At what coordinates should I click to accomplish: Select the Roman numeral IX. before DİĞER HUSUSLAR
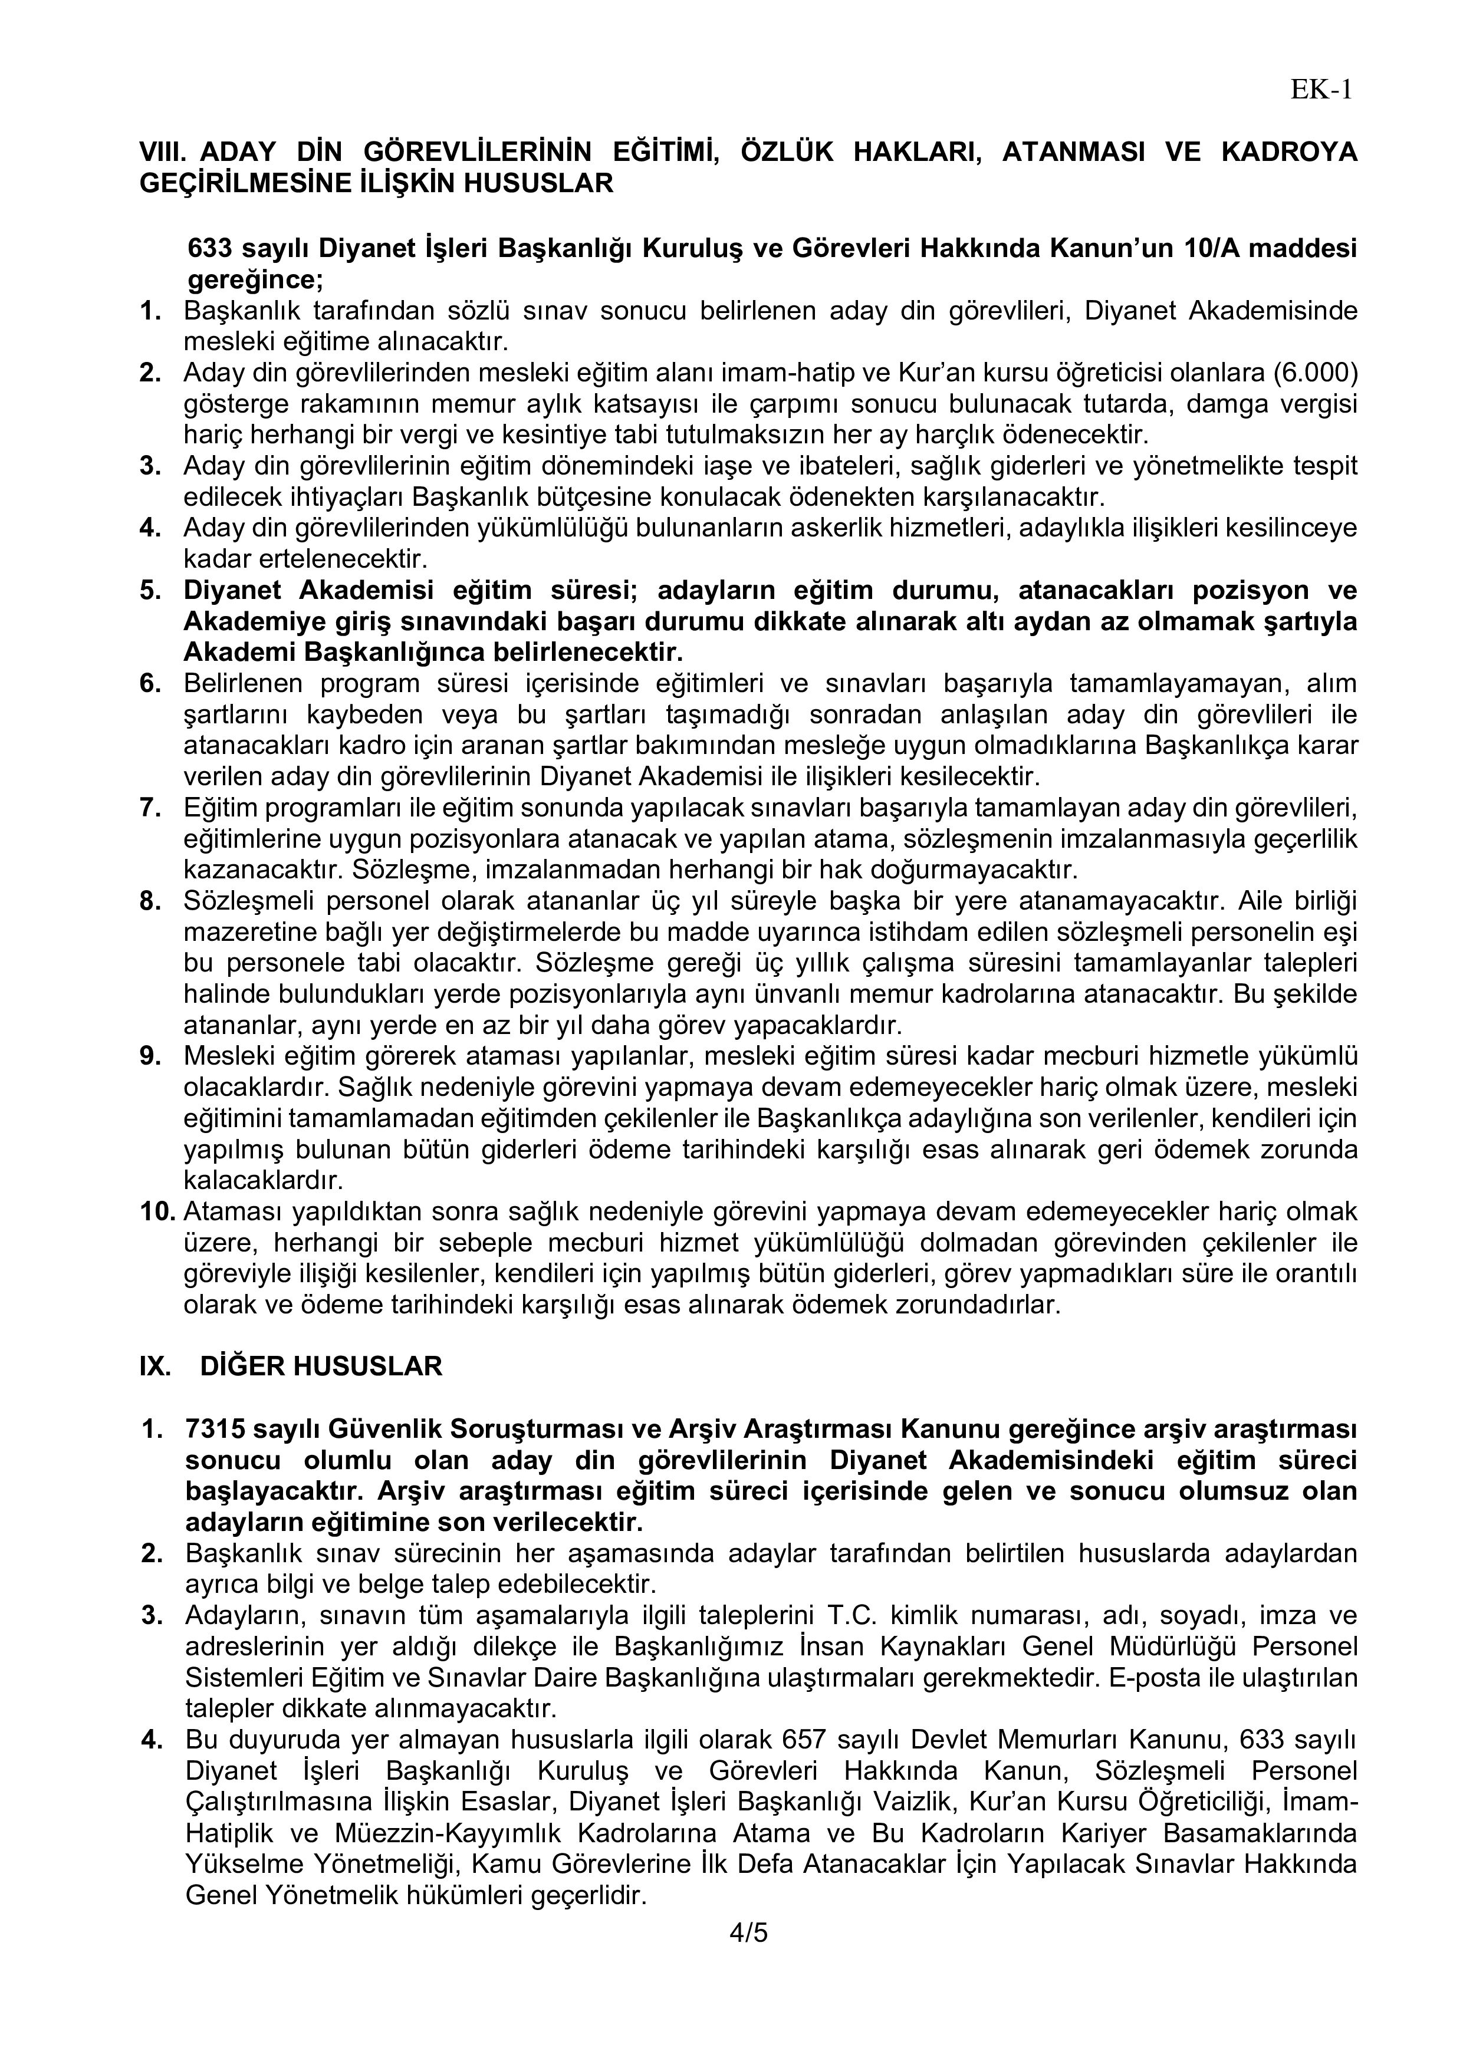tap(155, 1366)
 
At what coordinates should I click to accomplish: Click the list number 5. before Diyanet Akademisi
tap(150, 590)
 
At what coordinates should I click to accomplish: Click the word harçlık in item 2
tap(931, 435)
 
